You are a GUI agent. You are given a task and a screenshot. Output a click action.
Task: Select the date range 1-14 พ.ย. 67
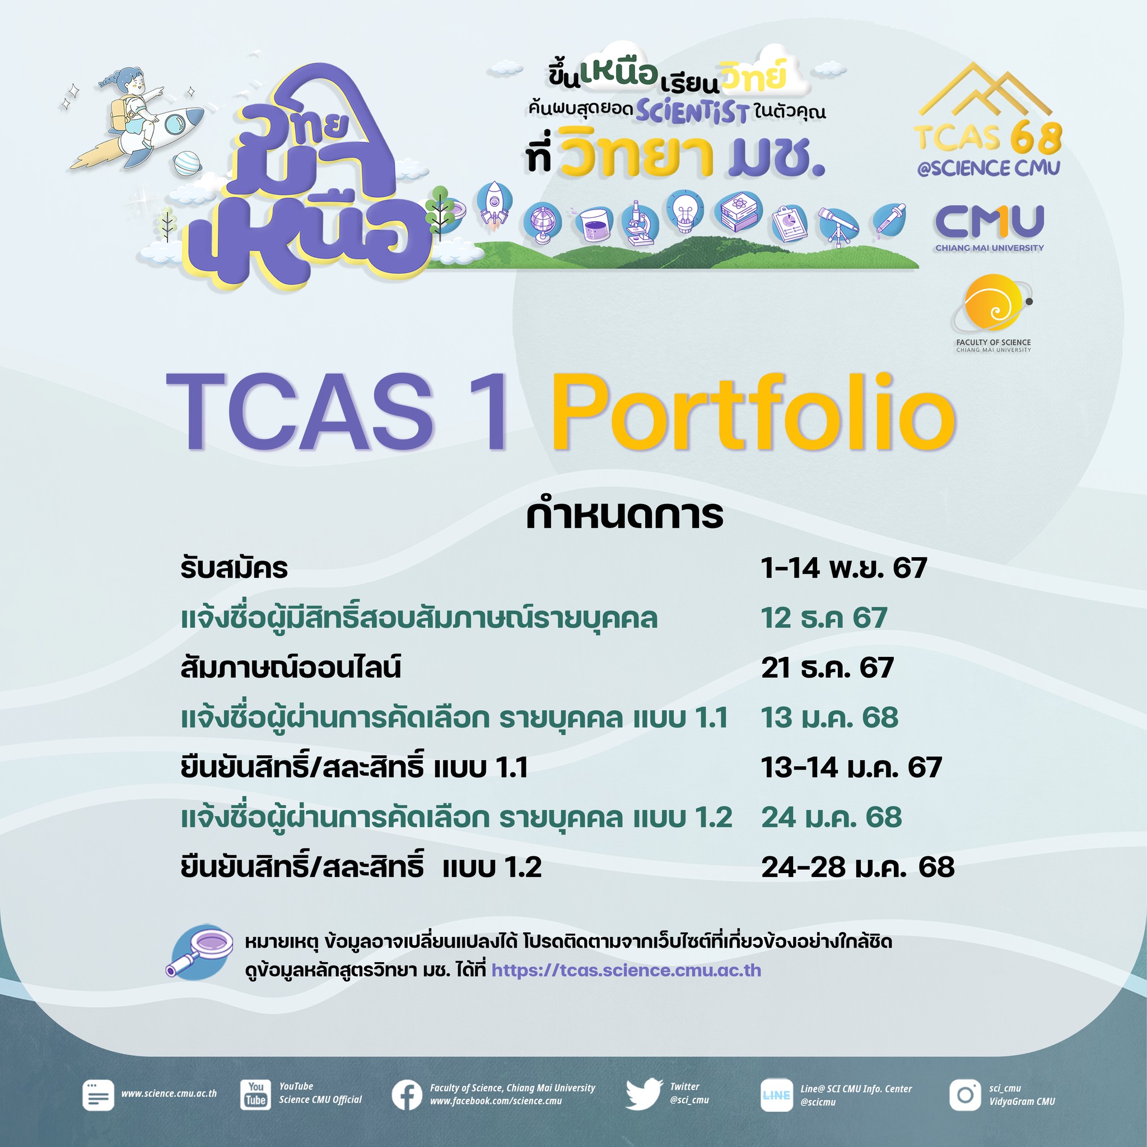pos(843,568)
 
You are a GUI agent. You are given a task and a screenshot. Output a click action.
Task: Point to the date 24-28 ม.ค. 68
pos(858,867)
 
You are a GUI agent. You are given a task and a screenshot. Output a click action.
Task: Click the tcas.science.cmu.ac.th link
pos(626,970)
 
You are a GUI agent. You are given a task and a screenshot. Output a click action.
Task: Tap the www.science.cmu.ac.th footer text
pos(169,1094)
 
